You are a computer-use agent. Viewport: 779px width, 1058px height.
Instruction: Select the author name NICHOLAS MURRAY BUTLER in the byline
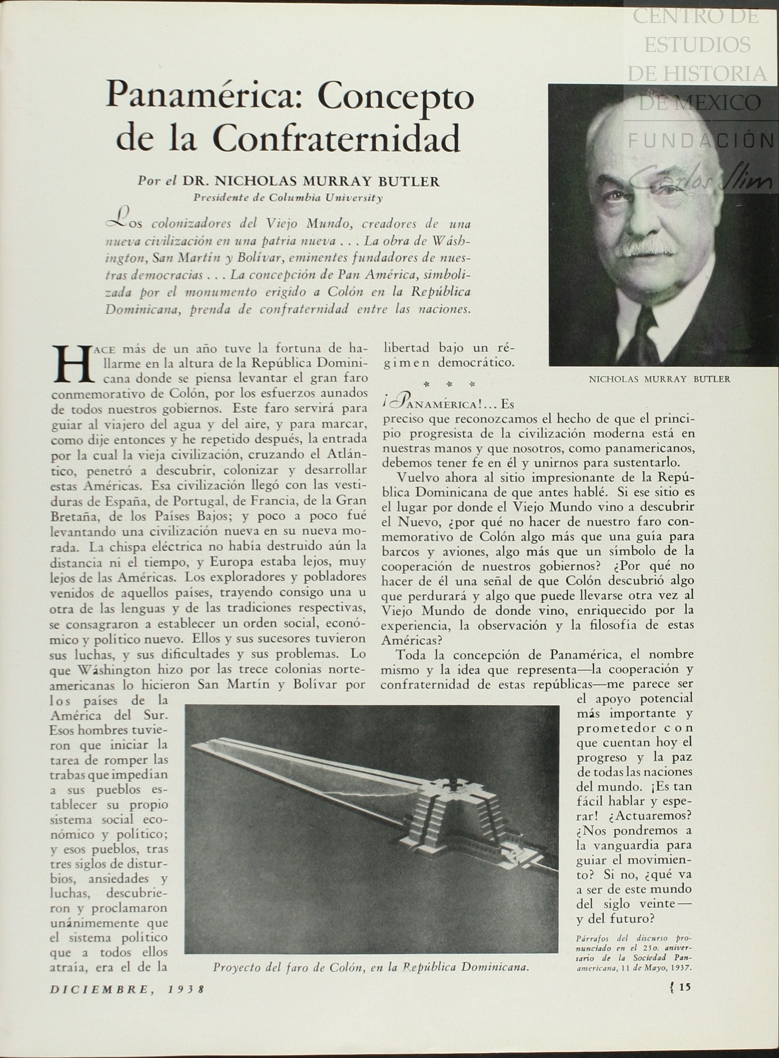(311, 182)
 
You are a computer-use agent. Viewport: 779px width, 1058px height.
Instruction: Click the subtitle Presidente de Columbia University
(288, 198)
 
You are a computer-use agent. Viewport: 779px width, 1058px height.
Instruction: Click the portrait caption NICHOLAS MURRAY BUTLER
(659, 379)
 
